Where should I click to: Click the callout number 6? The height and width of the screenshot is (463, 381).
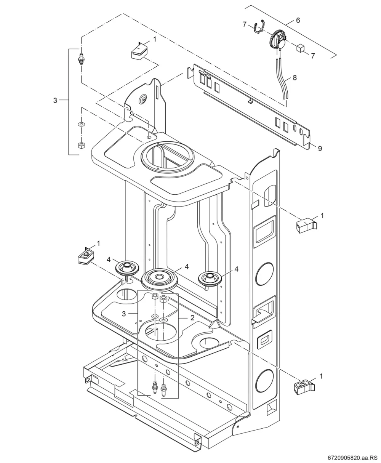298,20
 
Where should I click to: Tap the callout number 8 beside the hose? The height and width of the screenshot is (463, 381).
295,77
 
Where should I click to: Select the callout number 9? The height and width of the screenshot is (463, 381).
320,149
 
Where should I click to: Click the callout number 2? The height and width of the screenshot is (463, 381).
192,318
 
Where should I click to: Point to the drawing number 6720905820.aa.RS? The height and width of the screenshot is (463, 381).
354,458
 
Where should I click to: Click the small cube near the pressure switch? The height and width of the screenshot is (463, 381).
300,48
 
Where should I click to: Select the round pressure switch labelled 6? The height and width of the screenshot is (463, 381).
278,41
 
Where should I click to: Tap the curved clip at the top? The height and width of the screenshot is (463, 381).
259,26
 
